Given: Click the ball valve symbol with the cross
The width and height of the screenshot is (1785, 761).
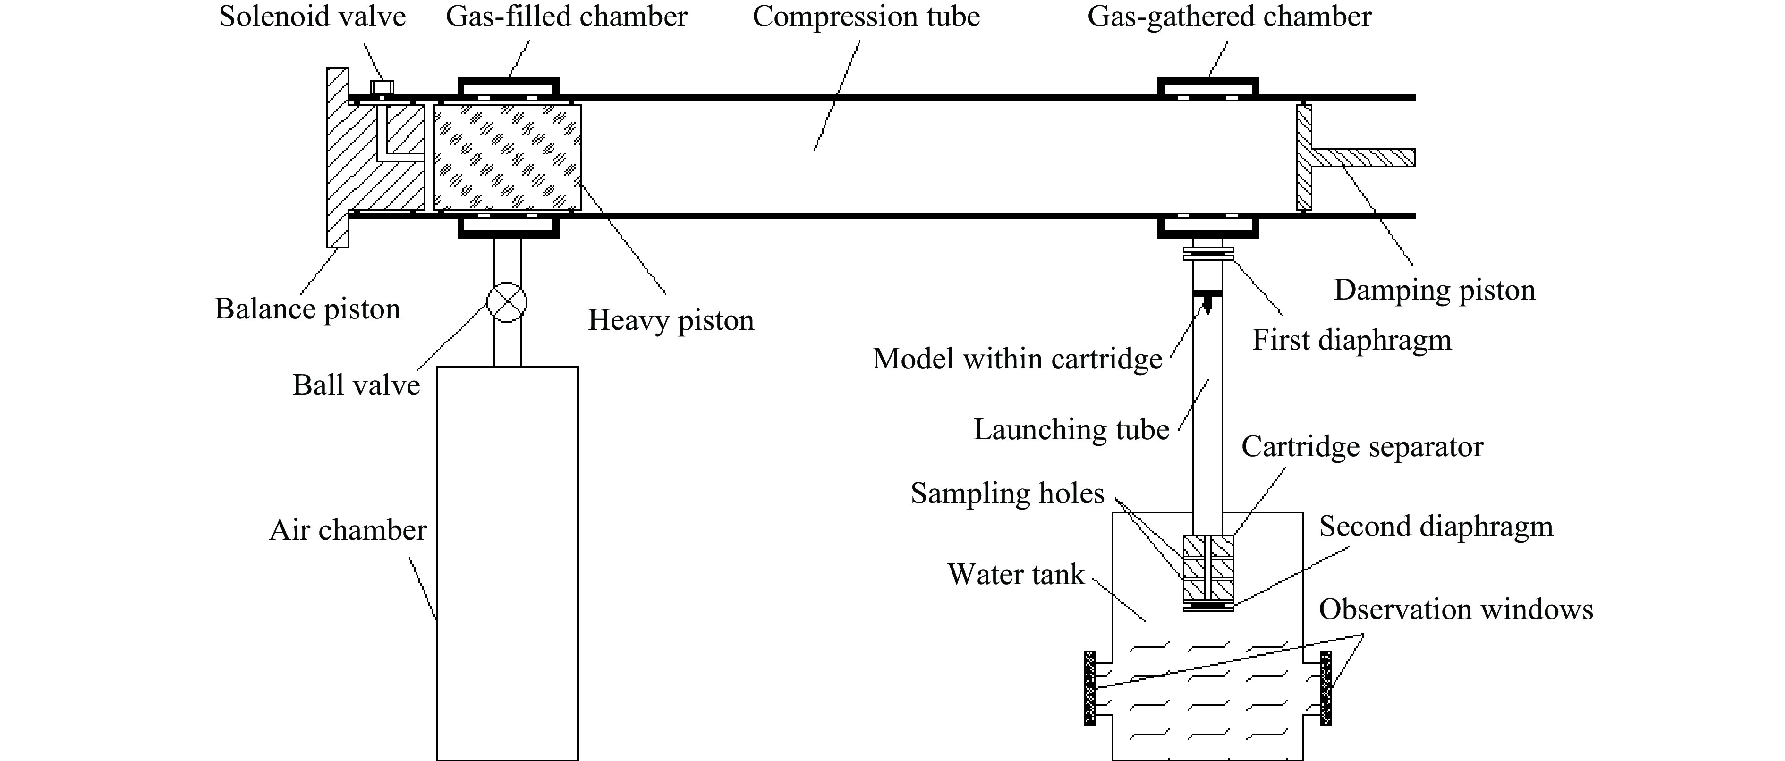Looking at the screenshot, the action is coord(507,302).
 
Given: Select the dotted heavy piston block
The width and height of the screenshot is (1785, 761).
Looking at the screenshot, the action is coord(507,157).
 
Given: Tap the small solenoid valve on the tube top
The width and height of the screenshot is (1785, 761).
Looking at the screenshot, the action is coord(382,87).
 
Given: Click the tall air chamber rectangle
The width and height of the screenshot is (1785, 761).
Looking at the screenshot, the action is coord(507,563).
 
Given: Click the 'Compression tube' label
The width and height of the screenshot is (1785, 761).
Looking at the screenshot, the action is coord(866,17).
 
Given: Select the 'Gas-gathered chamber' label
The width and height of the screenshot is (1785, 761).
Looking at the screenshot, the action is coord(1229,17).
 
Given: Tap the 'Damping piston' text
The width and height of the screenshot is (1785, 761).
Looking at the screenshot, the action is coord(1435,290).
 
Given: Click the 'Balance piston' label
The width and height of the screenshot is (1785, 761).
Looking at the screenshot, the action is coord(308,309).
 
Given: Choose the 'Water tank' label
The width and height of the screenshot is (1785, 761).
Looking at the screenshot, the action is coord(1016,575).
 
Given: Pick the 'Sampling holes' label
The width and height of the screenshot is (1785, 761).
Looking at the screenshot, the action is coord(1008,493).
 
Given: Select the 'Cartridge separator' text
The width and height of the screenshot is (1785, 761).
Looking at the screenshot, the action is coord(1362,447).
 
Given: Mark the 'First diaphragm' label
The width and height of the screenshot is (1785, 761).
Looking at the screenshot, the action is coord(1352,341).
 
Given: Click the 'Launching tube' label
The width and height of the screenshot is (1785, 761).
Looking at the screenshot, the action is coord(1071,430).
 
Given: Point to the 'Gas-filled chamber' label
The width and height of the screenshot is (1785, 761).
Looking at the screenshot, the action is coord(566,17).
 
